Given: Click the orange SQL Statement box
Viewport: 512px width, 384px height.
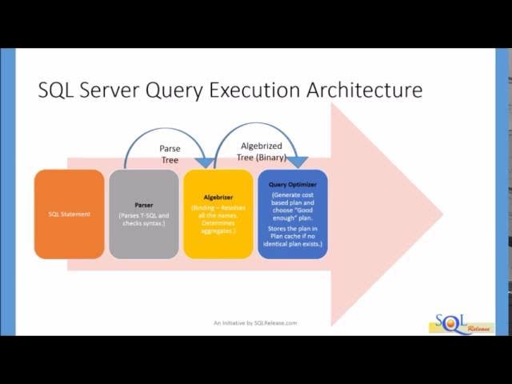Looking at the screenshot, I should point(69,214).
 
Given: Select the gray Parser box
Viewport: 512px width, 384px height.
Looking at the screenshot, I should point(143,214).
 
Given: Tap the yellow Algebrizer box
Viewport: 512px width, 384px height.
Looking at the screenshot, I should point(218,214).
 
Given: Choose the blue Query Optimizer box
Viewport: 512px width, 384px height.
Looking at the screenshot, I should point(292,214).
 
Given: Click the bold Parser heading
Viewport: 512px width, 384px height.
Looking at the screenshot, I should point(143,205).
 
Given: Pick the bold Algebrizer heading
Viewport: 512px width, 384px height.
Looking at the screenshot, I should point(218,196).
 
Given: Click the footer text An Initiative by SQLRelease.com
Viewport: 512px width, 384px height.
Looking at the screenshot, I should point(255,323).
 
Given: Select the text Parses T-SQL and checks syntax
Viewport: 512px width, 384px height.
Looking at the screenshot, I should point(143,218).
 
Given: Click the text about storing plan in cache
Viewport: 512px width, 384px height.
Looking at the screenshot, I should point(292,238).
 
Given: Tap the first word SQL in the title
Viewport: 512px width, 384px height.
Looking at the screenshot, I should point(56,90).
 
